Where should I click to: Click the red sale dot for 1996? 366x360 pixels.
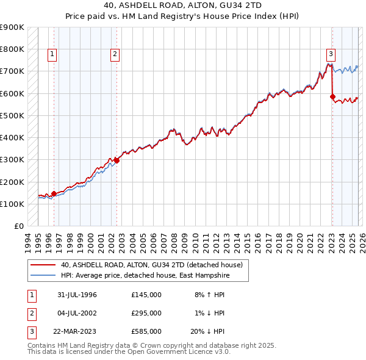(x=54, y=194)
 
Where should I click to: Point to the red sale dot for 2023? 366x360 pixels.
(x=332, y=96)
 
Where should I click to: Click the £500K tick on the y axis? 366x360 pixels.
(x=13, y=115)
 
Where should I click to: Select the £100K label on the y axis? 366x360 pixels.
(x=13, y=204)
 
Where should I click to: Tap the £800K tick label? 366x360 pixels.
(x=13, y=49)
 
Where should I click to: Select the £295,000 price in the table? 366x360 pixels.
(x=146, y=313)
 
